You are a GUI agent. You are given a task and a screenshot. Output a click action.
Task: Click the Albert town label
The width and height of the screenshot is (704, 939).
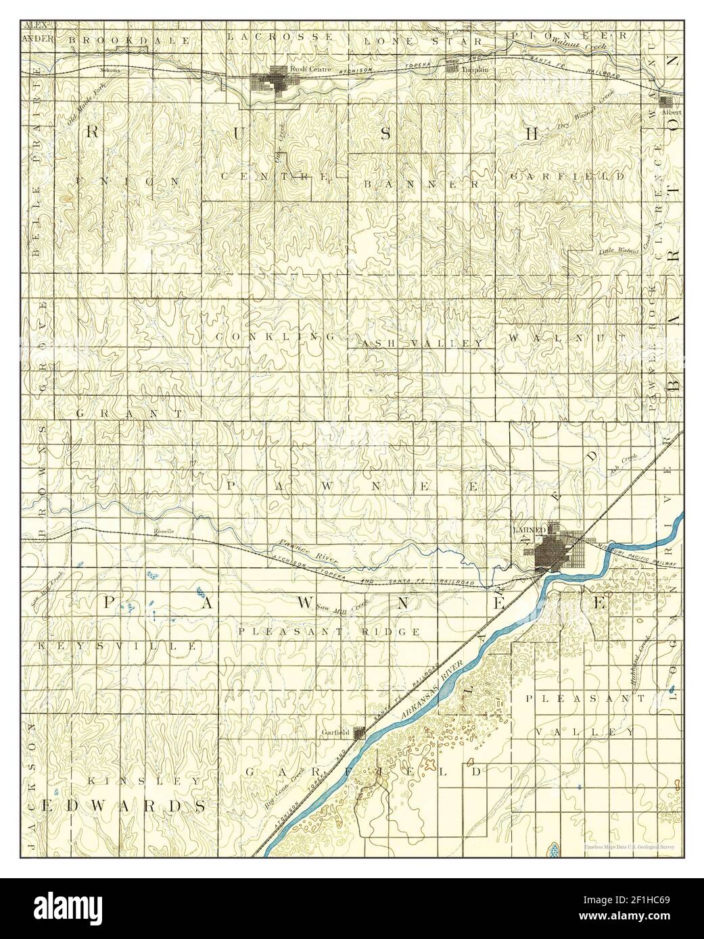(671, 111)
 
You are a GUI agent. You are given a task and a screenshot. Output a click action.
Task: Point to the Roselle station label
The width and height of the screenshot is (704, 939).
(164, 531)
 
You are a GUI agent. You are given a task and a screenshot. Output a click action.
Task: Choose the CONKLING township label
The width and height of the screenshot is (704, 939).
(276, 336)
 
